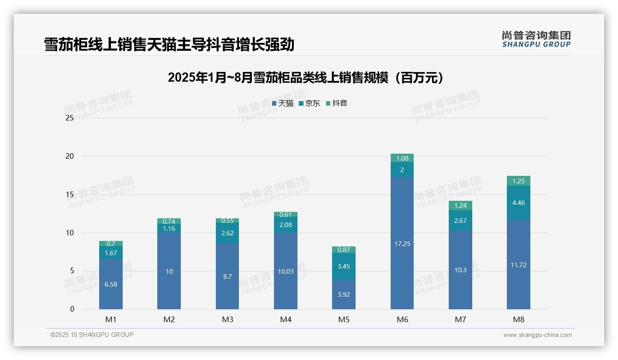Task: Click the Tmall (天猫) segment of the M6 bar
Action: coord(402,243)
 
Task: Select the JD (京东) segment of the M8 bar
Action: coord(518,203)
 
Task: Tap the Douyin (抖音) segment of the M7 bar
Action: coord(460,205)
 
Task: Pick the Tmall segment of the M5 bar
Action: coord(344,294)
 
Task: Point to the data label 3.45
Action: coord(344,266)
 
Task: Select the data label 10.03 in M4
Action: coord(285,271)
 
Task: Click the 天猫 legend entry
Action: coord(283,103)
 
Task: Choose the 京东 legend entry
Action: coord(309,103)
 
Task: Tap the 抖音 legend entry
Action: coord(337,103)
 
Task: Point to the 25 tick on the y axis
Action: coord(70,118)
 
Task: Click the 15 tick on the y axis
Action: coord(70,195)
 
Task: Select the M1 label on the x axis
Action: coord(111,320)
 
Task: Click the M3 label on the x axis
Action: coord(227,320)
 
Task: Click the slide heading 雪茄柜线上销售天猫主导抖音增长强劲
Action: coord(169,45)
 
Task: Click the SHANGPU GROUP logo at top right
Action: coord(536,39)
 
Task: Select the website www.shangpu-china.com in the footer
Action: coord(537,335)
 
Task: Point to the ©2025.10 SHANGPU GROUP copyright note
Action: coord(92,335)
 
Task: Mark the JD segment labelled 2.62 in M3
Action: coord(227,233)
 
